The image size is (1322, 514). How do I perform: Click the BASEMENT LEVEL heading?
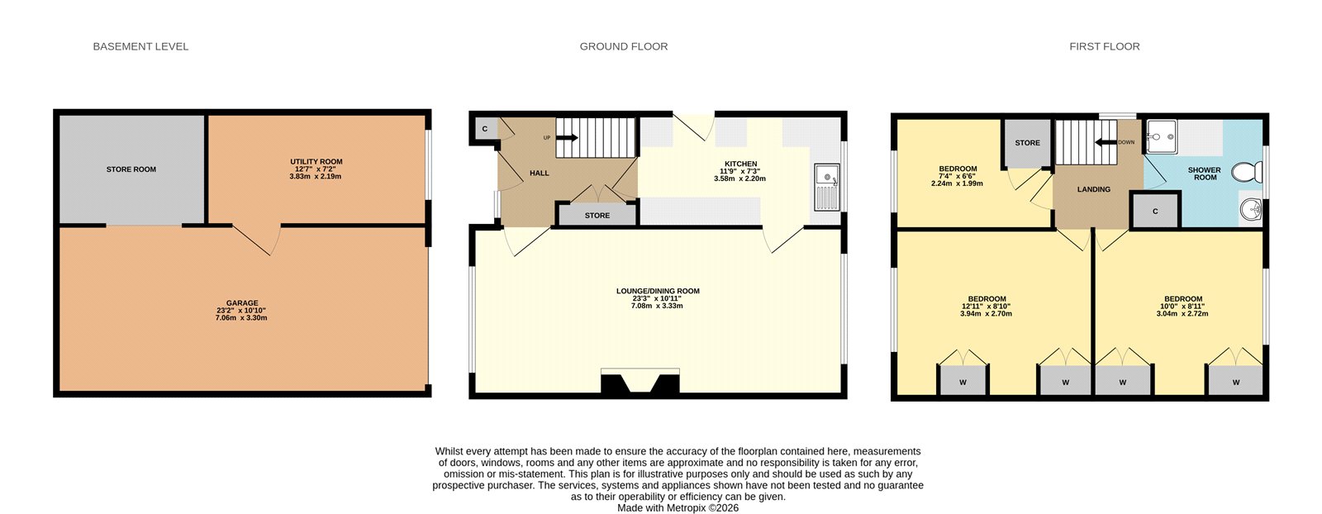tap(140, 46)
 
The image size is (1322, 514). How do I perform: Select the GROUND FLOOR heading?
tap(623, 46)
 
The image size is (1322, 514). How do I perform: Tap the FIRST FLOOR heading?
tap(1104, 46)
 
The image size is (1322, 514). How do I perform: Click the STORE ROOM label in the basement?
tap(131, 169)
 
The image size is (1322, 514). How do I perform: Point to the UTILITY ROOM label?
tap(316, 162)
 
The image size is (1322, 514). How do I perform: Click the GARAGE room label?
tap(242, 303)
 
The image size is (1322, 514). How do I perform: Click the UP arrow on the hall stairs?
tap(567, 138)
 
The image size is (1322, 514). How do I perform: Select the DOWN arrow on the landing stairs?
tap(1105, 142)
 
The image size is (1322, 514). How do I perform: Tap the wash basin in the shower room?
tap(1251, 210)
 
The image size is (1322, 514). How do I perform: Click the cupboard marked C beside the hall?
tap(485, 129)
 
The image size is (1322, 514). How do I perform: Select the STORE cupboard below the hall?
tap(597, 215)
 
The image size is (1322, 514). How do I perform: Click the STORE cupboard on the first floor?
tap(1027, 142)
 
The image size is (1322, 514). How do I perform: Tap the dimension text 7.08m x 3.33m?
tap(657, 306)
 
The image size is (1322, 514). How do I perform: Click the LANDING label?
tap(1093, 189)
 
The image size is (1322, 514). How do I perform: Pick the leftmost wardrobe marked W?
tap(963, 382)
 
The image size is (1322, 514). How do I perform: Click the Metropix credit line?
tap(678, 508)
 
